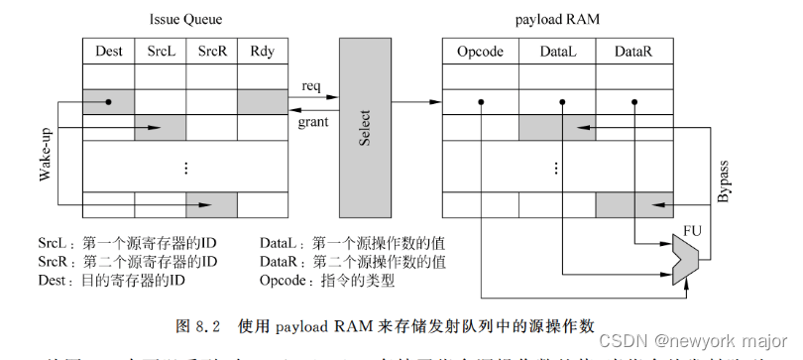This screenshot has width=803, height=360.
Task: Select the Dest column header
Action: [x=108, y=51]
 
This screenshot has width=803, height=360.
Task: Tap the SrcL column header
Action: [x=160, y=51]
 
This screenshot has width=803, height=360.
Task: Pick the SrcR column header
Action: [x=211, y=51]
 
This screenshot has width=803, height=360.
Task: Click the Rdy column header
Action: [x=263, y=51]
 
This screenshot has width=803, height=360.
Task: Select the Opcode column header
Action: [x=480, y=51]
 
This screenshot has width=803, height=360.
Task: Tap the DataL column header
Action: [x=557, y=51]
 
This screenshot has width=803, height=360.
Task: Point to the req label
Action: [x=310, y=86]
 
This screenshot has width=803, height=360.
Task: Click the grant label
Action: [x=313, y=122]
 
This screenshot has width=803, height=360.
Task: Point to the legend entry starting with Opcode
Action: [x=327, y=281]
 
